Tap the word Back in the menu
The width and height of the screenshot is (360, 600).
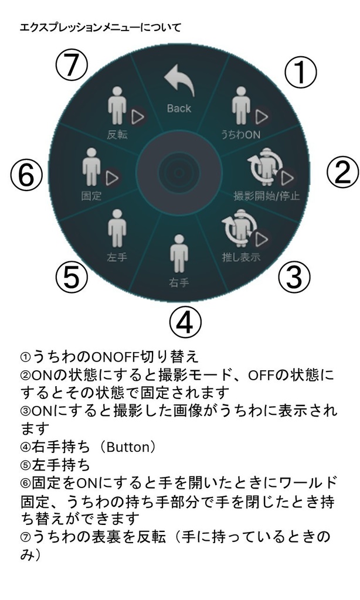[179, 108]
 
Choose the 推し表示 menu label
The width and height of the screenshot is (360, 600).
[240, 257]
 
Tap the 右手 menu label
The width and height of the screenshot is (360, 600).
[179, 282]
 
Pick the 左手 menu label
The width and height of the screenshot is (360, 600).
[117, 257]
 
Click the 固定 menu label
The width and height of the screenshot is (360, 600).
[91, 196]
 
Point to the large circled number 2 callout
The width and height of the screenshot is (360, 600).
[342, 173]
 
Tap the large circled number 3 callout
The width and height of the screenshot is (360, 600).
[293, 278]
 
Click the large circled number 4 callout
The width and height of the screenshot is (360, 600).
[185, 322]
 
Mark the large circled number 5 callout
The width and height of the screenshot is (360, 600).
[72, 277]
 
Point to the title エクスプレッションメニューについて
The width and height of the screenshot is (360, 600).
[100, 27]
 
